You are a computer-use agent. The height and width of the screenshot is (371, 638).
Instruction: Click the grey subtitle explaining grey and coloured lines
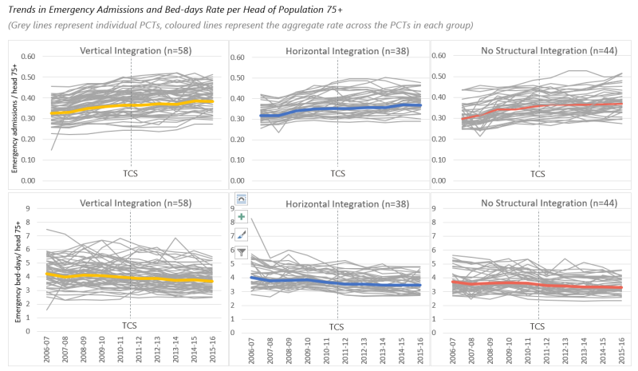pos(239,26)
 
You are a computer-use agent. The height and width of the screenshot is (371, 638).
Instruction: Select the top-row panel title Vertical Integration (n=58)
pos(136,50)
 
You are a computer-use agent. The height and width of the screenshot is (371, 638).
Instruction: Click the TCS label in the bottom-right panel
pos(538,326)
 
